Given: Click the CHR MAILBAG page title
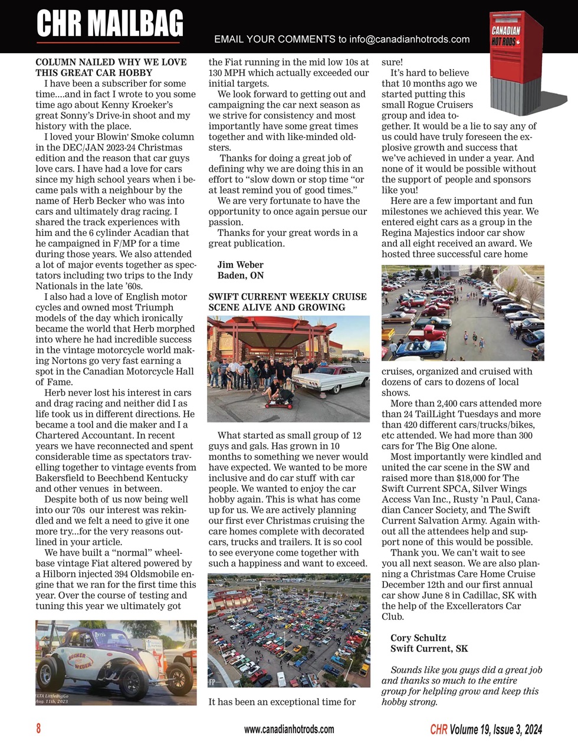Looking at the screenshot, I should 110,25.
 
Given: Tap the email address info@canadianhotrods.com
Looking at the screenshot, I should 409,40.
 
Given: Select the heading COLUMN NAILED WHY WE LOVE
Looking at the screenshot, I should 111,62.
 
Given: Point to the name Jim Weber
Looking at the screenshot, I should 240,265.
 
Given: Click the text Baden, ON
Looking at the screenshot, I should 240,275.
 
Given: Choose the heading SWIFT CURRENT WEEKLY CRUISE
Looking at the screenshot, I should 287,297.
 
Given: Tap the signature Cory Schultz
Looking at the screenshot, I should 418,638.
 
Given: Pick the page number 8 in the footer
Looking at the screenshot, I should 39,729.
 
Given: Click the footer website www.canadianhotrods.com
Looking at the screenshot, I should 289,730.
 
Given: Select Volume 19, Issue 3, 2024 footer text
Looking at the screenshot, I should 495,730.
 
